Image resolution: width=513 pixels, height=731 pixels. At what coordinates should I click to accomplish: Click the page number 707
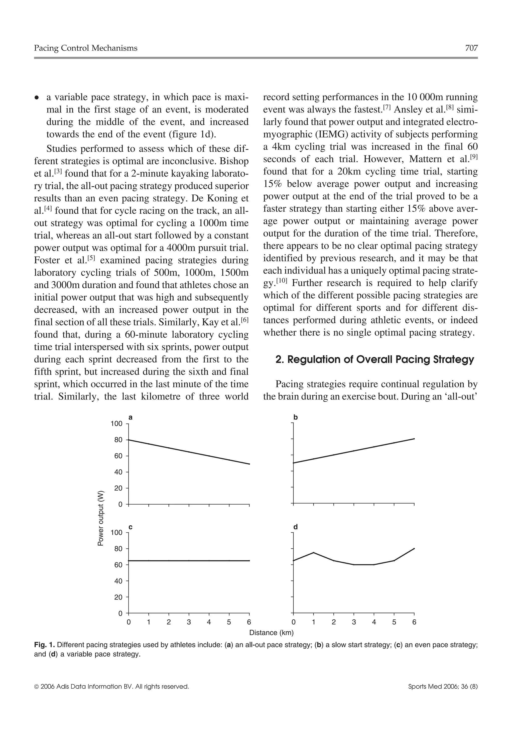(x=471, y=48)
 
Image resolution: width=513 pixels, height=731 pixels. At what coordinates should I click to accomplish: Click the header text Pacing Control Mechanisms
(x=86, y=48)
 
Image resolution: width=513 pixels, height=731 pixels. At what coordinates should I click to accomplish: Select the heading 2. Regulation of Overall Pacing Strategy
(x=374, y=359)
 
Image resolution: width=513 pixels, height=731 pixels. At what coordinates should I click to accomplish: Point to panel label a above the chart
(x=130, y=417)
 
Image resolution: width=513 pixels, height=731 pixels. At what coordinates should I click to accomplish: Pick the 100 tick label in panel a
(x=116, y=423)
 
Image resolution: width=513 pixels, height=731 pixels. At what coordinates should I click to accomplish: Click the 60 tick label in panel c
(x=118, y=565)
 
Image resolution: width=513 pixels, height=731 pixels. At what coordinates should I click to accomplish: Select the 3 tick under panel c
(x=189, y=622)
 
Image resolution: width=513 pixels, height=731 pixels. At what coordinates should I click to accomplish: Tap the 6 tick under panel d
(x=414, y=622)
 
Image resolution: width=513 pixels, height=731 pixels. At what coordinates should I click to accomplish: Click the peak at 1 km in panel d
(x=313, y=552)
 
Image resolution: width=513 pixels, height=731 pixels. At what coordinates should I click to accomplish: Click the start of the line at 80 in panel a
(x=129, y=440)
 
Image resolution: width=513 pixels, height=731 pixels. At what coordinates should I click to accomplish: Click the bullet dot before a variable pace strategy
(x=37, y=98)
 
